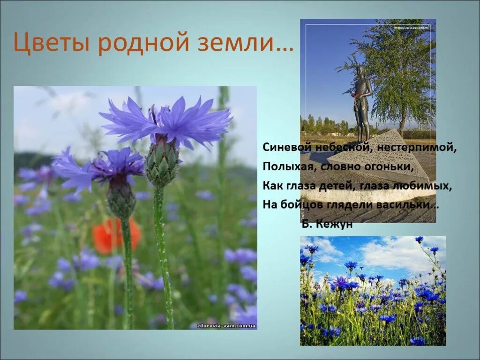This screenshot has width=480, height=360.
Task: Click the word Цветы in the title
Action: [x=51, y=43]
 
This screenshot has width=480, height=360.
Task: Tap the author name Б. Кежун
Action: [x=327, y=225]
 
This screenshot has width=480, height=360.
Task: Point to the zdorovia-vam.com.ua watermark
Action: [x=226, y=324]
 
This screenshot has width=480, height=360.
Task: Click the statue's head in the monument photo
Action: [x=360, y=71]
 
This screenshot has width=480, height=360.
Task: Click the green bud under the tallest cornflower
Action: [x=162, y=162]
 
